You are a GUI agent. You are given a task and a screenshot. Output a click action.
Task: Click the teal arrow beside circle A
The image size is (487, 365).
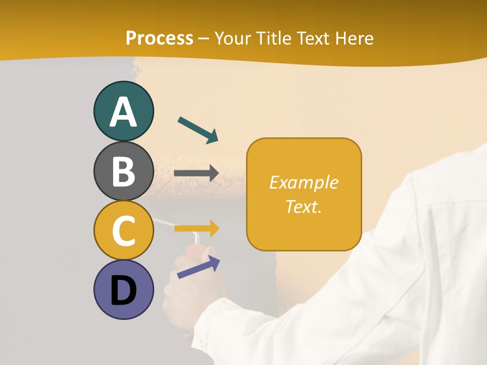point(198,130)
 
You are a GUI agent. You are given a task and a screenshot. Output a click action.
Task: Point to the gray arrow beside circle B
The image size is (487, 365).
point(196,173)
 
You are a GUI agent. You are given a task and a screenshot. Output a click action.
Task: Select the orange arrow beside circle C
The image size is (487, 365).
point(197,228)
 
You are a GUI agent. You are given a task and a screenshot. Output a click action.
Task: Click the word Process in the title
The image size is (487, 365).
point(159,39)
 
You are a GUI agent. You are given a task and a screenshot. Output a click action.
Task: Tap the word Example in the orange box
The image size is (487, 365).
point(303,182)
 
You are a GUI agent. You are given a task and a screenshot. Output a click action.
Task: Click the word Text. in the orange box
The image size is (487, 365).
point(303,206)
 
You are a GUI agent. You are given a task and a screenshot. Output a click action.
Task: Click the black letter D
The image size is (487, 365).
point(123,290)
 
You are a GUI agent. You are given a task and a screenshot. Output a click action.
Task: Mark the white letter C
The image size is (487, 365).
point(123,231)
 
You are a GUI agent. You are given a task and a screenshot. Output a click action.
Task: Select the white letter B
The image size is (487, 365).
point(123,171)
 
